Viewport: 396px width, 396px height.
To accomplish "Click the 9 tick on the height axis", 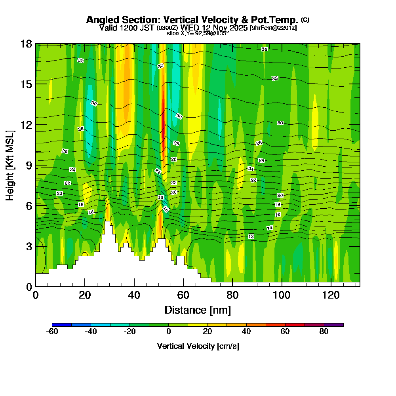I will [x=29, y=165].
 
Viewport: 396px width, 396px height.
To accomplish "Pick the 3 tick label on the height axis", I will [x=29, y=246].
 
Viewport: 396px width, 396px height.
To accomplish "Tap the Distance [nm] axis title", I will [x=198, y=310].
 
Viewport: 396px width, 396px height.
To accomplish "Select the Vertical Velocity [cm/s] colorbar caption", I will [x=198, y=346].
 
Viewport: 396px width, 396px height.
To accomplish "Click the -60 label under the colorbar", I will [x=52, y=332].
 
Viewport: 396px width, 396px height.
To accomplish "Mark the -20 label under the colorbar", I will [x=130, y=332].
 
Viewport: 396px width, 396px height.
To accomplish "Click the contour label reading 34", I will [x=264, y=49].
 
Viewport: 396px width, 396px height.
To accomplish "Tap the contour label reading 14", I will [x=270, y=228].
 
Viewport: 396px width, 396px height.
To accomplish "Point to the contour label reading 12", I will [x=251, y=236].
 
